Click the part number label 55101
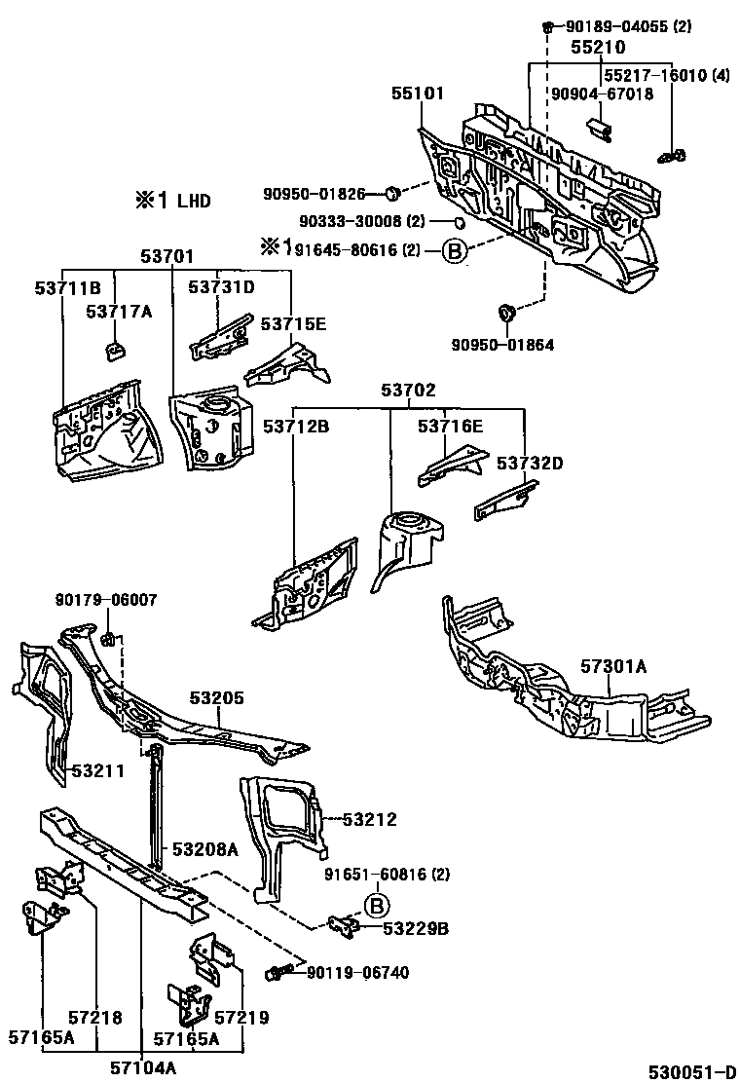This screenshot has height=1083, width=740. coord(418,94)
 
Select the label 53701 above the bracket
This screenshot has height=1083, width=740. coord(167,256)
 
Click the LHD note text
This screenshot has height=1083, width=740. coord(172,202)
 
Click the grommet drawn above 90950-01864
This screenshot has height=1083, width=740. coord(505,315)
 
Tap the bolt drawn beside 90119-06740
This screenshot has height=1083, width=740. coord(277,972)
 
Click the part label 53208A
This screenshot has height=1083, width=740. coord(204,849)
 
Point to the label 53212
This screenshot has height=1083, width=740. coord(370,820)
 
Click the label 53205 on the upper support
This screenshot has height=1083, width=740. coord(216,698)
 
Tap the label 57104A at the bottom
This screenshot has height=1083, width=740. coord(146,1068)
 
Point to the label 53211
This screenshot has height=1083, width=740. coord(97,771)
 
